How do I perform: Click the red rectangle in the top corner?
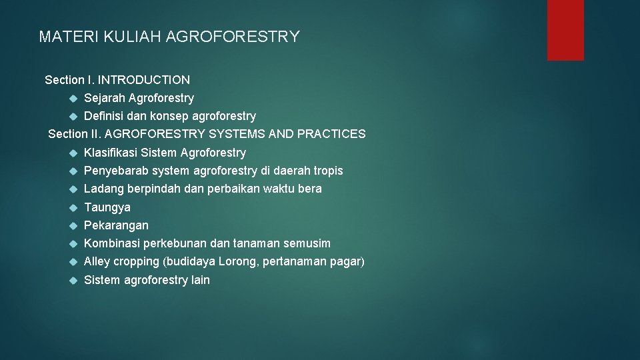point(565,30)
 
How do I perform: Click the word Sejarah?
point(104,98)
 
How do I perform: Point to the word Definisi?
point(104,116)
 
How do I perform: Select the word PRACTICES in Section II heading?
point(331,134)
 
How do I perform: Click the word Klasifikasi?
point(109,153)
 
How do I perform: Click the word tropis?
point(327,171)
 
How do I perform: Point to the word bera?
point(309,189)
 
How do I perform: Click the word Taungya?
point(107,207)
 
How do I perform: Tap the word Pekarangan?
point(116,225)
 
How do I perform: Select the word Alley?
point(97,261)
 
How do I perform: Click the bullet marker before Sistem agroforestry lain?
point(73,280)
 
